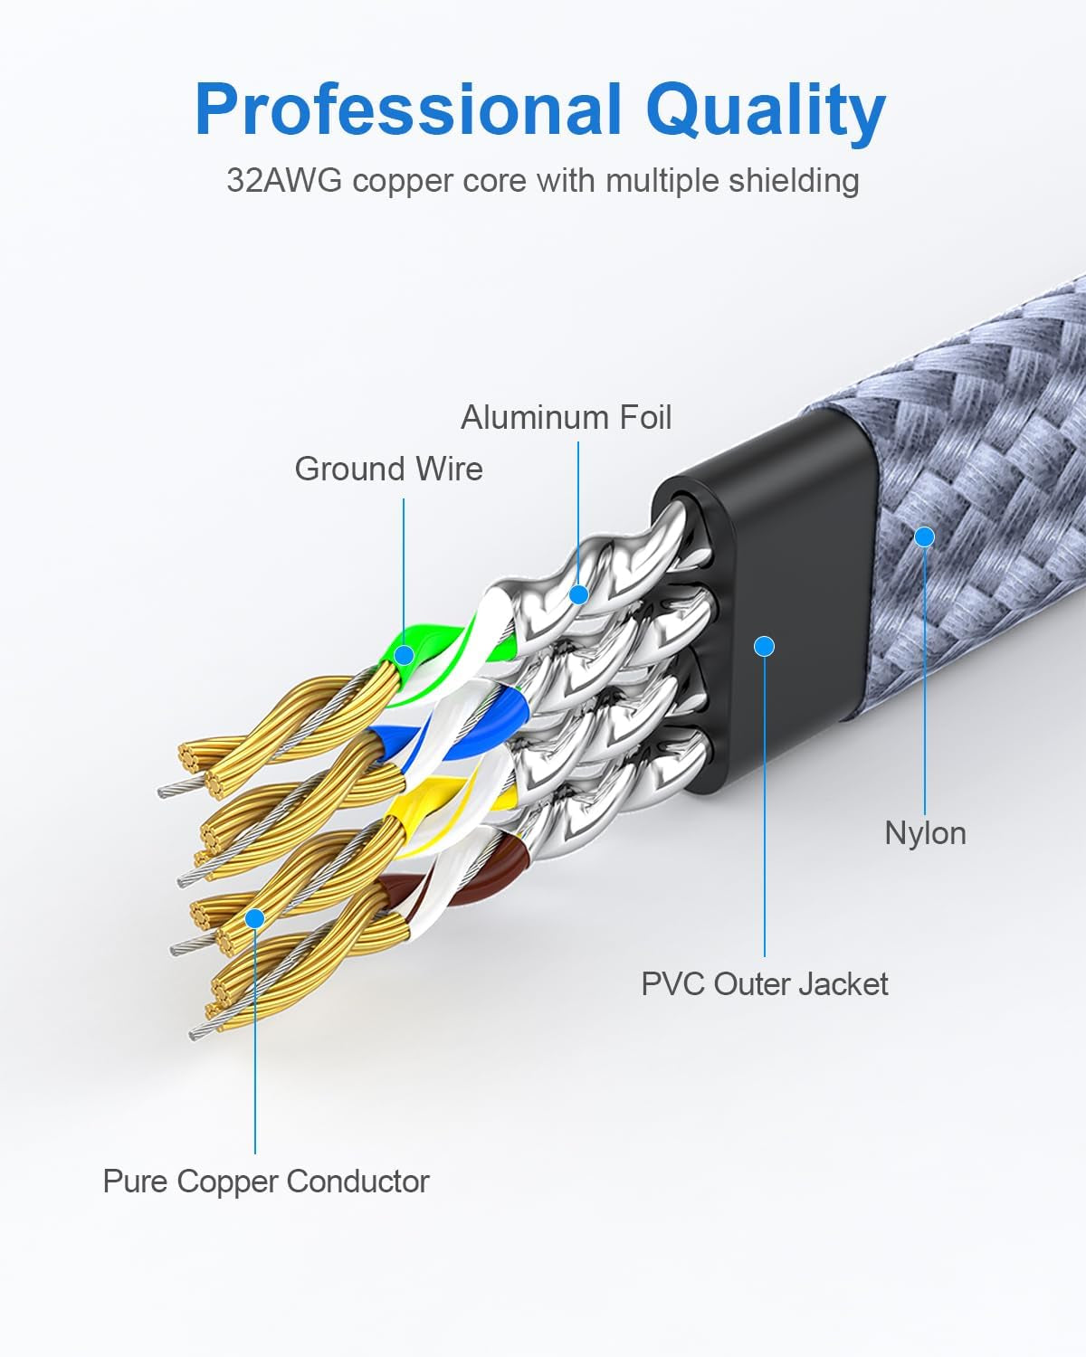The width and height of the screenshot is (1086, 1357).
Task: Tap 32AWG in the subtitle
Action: [284, 181]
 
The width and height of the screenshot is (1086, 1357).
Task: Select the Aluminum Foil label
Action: [566, 418]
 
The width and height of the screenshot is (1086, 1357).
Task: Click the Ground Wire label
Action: [388, 470]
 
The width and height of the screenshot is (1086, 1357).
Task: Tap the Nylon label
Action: [925, 833]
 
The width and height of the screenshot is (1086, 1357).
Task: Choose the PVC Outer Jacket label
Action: [765, 984]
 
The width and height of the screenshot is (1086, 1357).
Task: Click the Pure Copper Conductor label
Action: [266, 1181]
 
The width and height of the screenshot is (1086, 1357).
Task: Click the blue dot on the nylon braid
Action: [924, 536]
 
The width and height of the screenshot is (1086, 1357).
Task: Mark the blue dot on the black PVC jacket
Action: [765, 646]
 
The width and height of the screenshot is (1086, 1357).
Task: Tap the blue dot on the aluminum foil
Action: [578, 594]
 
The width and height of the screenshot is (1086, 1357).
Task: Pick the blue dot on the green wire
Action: [405, 654]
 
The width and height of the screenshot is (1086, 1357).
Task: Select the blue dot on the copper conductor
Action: [255, 918]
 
